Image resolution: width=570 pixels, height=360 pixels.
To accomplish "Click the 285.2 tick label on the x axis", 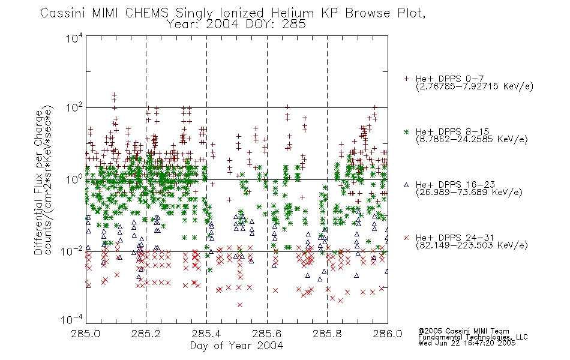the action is point(145,334).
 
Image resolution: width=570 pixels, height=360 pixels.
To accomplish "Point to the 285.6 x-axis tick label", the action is point(266,334).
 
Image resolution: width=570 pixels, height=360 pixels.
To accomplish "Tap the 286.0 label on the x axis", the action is point(388,334).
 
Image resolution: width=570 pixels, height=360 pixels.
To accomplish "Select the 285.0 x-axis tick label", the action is point(85,334).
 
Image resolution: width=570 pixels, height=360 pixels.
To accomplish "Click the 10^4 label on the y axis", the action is point(74,38).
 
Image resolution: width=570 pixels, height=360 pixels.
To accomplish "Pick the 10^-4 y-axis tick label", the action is point(72,319).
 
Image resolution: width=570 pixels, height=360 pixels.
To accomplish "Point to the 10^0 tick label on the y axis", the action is point(74,179).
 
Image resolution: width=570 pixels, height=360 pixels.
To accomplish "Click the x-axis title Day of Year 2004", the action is point(236,346).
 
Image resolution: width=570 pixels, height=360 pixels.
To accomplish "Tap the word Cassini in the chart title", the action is point(62,13).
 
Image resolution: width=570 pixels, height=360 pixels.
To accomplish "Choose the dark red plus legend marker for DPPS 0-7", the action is point(406,79).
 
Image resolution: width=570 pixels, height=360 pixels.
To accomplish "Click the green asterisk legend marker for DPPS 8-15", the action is point(406,131).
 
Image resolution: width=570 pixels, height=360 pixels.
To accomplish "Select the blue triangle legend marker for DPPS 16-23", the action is point(406,185).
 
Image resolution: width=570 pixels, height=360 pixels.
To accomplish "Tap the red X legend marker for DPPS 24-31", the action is point(406,238).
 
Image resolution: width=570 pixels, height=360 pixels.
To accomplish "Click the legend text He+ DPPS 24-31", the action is point(455,238).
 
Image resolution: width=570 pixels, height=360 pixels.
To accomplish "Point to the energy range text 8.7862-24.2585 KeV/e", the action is point(472,139).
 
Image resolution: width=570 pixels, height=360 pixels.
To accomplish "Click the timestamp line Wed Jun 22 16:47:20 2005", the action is point(467,343).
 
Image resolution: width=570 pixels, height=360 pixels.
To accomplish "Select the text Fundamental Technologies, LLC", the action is point(473,337).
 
